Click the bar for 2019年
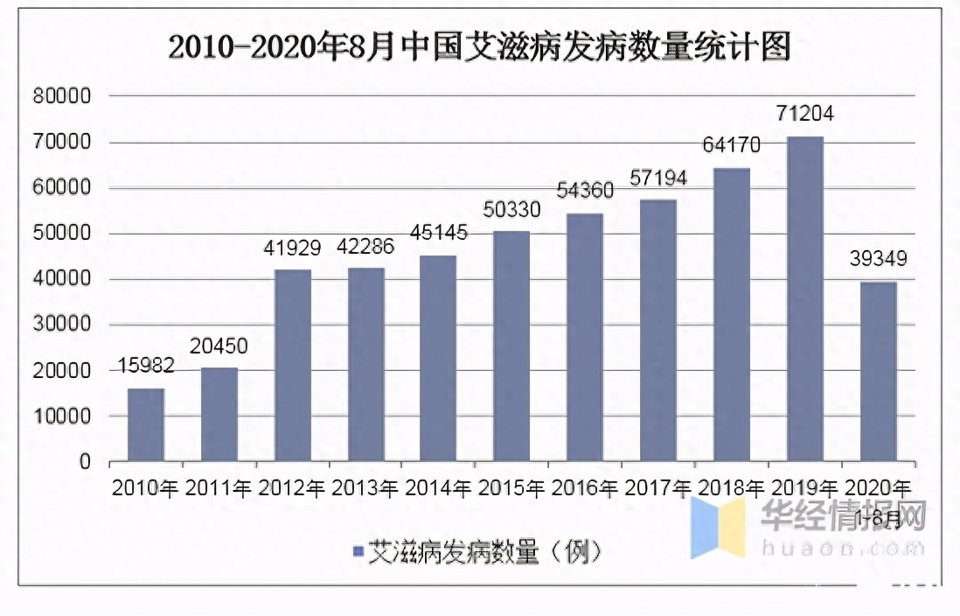805,298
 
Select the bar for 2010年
146,424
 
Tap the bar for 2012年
293,365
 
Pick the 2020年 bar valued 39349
879,371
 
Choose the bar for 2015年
512,346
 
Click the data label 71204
804,114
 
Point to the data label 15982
145,367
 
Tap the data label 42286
365,246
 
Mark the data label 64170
731,144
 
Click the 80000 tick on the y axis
61,96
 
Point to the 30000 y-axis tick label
61,325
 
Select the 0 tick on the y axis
85,462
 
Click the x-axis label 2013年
365,488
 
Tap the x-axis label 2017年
657,488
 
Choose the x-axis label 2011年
219,488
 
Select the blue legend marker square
358,551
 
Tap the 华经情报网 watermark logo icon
718,527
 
